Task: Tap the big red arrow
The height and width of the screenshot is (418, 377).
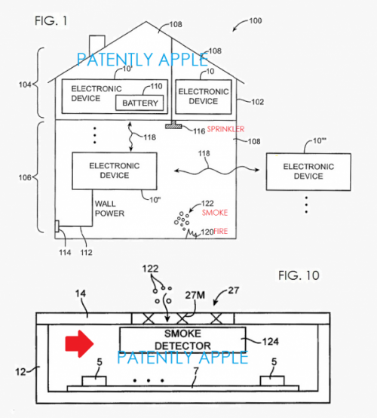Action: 79,345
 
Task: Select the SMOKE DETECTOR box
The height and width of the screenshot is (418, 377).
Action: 182,341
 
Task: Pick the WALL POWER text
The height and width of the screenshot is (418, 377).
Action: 110,208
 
